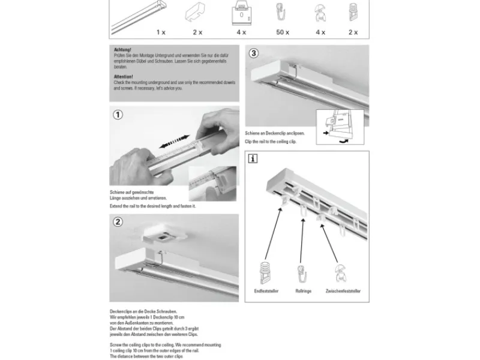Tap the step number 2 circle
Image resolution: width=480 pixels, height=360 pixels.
[x=118, y=222]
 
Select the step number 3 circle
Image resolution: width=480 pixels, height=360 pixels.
[x=254, y=53]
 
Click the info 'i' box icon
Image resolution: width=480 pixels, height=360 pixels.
[x=254, y=159]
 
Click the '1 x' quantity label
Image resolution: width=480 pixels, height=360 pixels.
[x=161, y=32]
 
